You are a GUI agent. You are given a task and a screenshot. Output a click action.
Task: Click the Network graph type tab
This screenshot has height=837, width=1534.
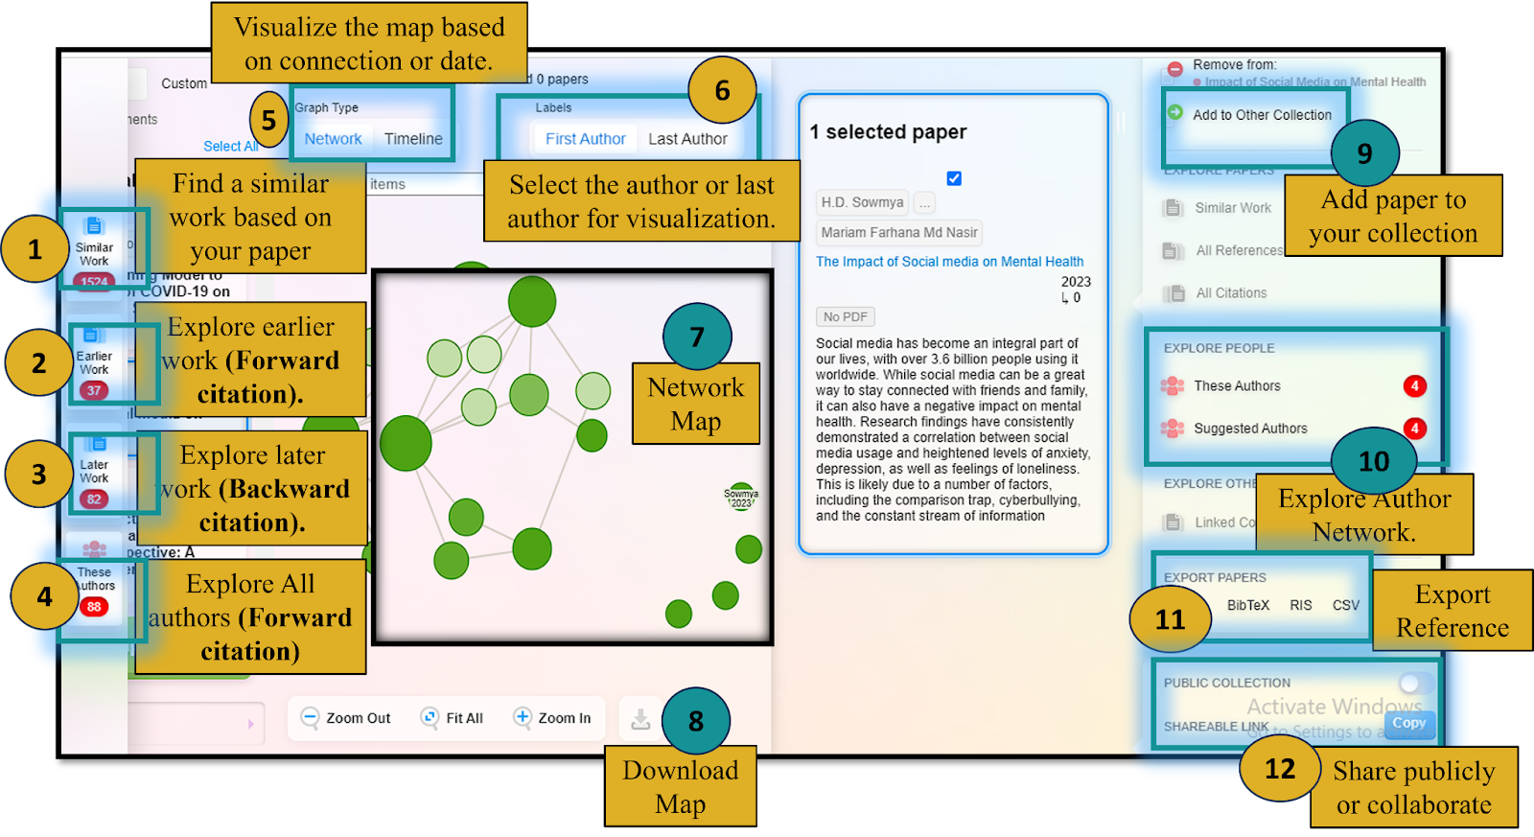pyautogui.click(x=333, y=139)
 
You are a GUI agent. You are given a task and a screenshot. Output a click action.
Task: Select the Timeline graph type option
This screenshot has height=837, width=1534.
pyautogui.click(x=413, y=139)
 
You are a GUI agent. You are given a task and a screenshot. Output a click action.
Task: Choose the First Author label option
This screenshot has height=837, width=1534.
pyautogui.click(x=585, y=139)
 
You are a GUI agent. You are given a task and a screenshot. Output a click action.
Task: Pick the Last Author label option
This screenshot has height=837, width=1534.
pyautogui.click(x=687, y=139)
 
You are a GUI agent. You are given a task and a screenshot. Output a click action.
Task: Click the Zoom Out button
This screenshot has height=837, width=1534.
pyautogui.click(x=346, y=718)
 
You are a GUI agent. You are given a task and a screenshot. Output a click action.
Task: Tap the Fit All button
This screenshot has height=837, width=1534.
pyautogui.click(x=453, y=718)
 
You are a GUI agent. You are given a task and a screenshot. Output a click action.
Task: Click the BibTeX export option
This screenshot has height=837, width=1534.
pyautogui.click(x=1247, y=606)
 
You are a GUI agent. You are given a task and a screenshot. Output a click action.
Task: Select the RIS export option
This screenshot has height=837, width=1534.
pyautogui.click(x=1300, y=606)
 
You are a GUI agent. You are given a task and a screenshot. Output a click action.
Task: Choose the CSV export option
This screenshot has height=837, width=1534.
pyautogui.click(x=1345, y=606)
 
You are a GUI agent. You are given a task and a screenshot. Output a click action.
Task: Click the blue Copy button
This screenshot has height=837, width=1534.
pyautogui.click(x=1408, y=724)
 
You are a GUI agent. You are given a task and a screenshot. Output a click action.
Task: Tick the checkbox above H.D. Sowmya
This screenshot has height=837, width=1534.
pyautogui.click(x=954, y=178)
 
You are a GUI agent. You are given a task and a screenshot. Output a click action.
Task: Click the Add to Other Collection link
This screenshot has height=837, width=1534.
pyautogui.click(x=1261, y=115)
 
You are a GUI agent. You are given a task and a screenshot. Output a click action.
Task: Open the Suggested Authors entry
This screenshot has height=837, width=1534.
pyautogui.click(x=1249, y=429)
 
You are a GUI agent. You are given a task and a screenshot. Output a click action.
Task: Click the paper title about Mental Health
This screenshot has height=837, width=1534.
pyautogui.click(x=949, y=262)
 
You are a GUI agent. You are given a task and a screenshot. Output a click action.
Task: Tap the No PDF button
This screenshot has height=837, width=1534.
pyautogui.click(x=845, y=317)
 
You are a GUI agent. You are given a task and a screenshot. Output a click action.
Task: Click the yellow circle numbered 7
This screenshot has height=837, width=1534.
pyautogui.click(x=697, y=337)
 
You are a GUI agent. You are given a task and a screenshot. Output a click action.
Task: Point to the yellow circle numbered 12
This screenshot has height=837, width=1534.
pyautogui.click(x=1280, y=768)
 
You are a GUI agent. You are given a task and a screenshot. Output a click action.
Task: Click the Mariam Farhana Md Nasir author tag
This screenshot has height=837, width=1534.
pyautogui.click(x=898, y=233)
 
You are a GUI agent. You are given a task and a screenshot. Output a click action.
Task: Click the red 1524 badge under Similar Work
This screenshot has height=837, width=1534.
pyautogui.click(x=94, y=281)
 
